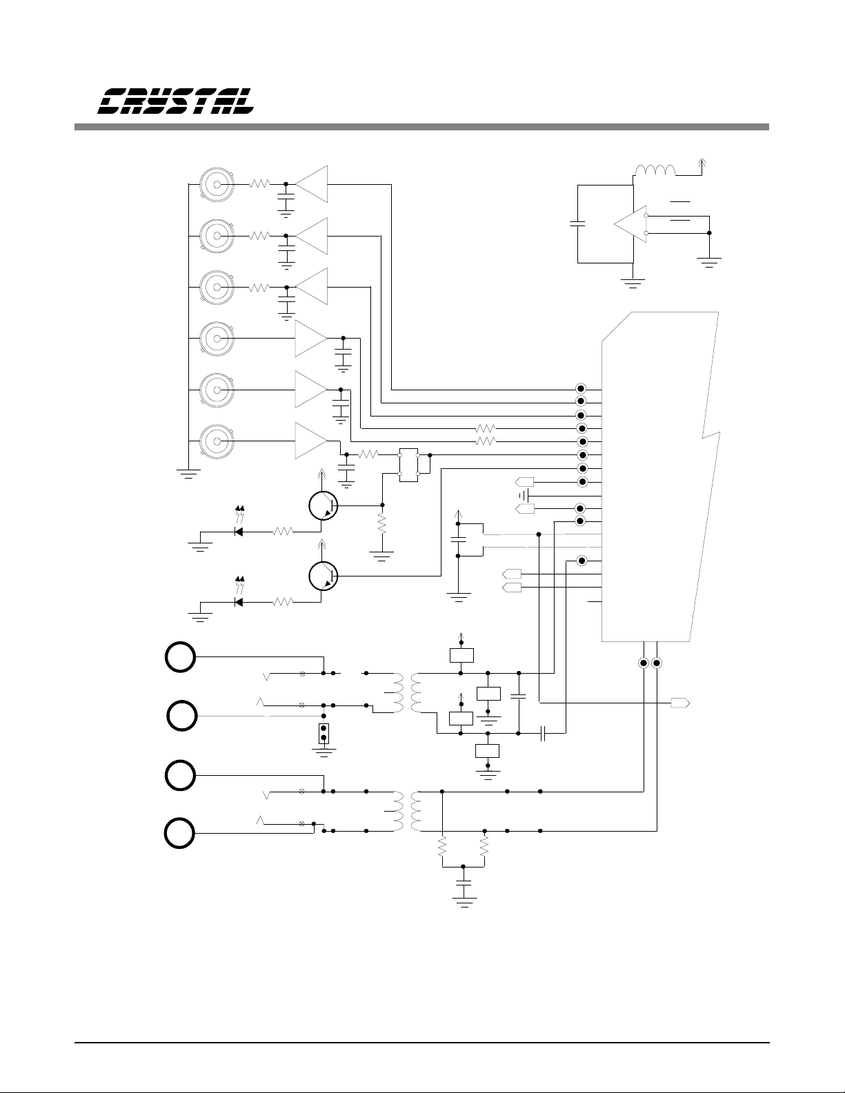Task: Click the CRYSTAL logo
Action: point(175,101)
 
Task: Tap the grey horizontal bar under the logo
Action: point(421,127)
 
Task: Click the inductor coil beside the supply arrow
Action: point(655,170)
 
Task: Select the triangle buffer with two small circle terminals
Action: point(630,224)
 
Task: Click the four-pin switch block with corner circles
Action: point(408,465)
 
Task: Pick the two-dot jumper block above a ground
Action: point(324,733)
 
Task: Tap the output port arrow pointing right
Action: point(680,703)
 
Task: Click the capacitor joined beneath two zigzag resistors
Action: point(464,882)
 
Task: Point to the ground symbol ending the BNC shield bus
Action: point(188,473)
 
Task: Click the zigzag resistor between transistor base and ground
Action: point(382,524)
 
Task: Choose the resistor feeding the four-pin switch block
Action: point(368,454)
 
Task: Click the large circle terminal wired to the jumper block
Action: point(181,716)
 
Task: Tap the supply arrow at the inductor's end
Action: point(702,163)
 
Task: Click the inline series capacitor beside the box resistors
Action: point(543,734)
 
